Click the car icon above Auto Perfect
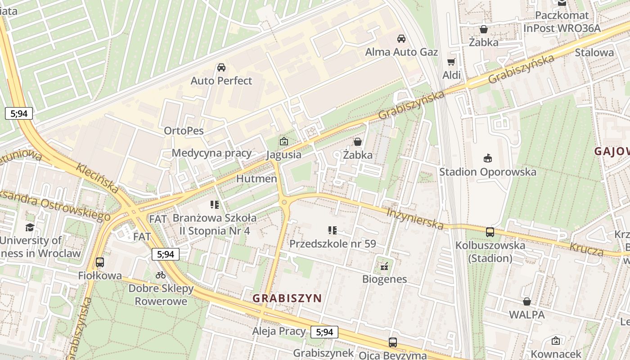pos(221,67)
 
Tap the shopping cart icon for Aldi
pos(451,62)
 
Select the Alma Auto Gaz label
pos(401,52)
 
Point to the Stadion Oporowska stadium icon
pos(487,158)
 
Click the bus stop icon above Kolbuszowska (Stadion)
pos(490,232)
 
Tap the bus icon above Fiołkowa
pos(99,262)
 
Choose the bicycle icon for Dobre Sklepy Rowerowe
pos(161,275)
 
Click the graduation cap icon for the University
pos(30,227)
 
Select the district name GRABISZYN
pos(287,298)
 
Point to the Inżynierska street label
pos(415,218)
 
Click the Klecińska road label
pos(97,178)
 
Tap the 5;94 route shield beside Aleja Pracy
pos(324,332)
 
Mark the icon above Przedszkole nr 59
pos(333,230)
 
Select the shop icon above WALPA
pos(526,301)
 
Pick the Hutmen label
pos(256,179)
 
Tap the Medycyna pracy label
pos(211,153)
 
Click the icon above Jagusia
pos(283,141)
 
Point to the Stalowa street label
pos(594,52)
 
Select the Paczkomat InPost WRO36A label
pos(562,22)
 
